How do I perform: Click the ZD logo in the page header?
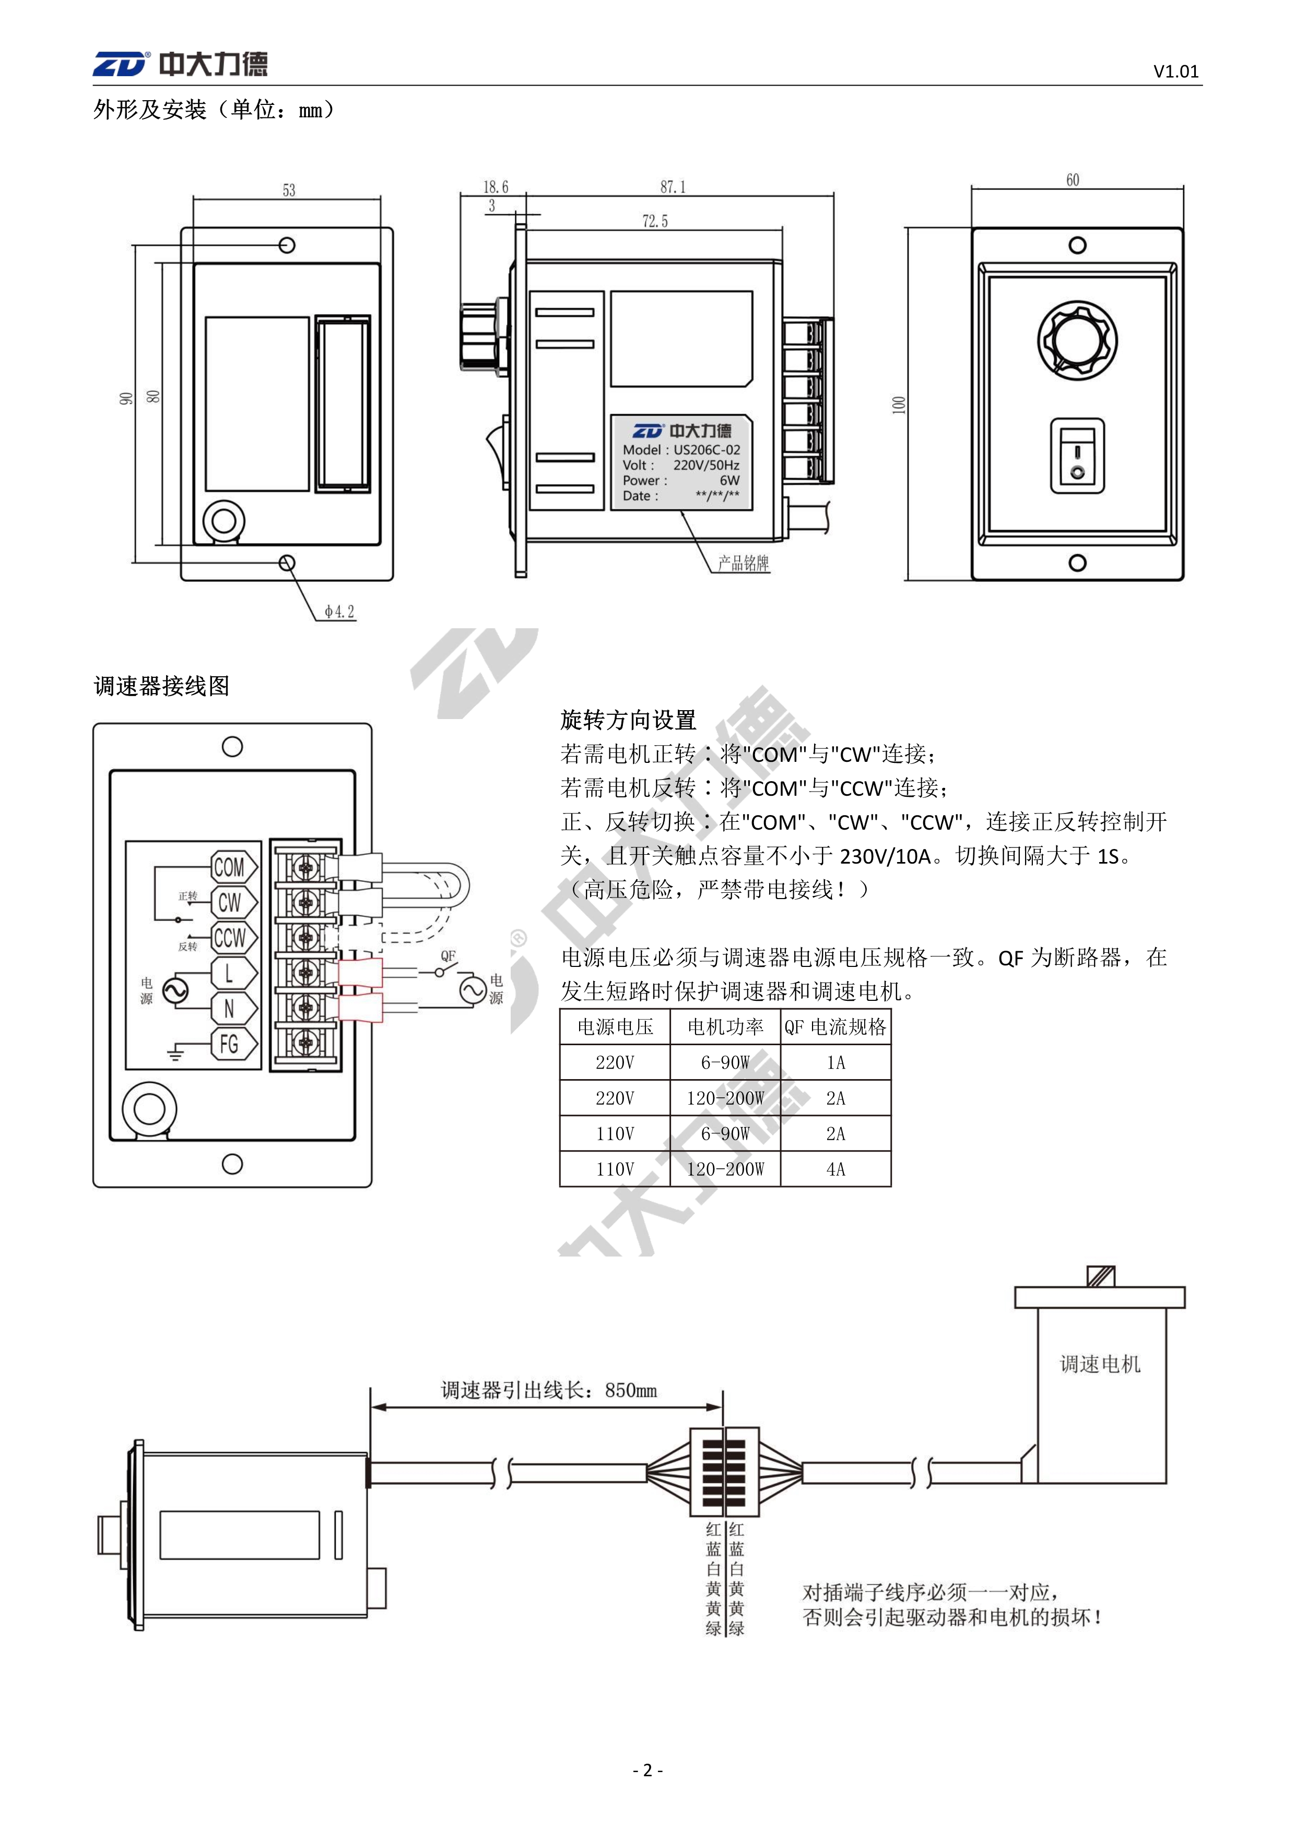tap(121, 64)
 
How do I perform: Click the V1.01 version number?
tap(1175, 71)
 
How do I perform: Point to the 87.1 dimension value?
tap(672, 187)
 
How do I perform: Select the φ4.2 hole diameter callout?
tap(339, 612)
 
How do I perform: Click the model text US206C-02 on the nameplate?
tap(707, 449)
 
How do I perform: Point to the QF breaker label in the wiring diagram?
tap(448, 955)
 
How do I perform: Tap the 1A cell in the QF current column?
tap(835, 1062)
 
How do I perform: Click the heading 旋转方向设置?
tap(628, 720)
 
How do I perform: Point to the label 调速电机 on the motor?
tap(1100, 1363)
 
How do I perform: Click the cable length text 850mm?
tap(631, 1390)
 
